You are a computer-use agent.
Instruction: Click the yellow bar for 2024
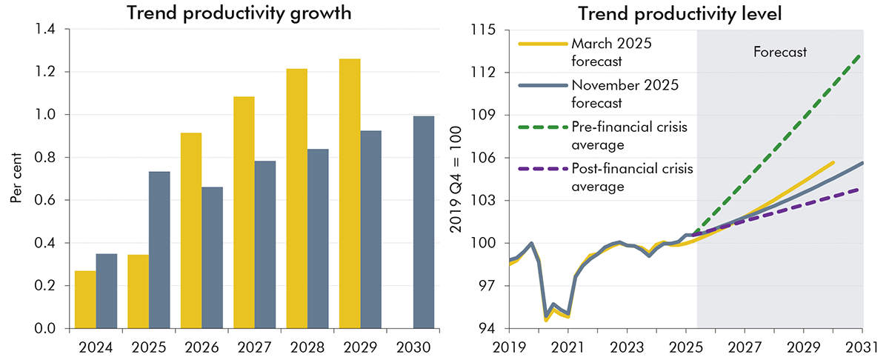(x=85, y=299)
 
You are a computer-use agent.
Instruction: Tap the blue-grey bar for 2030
(x=424, y=222)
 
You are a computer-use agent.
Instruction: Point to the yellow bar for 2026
(x=191, y=230)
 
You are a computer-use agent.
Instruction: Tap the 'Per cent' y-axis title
(x=16, y=179)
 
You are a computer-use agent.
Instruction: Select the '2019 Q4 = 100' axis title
(x=456, y=179)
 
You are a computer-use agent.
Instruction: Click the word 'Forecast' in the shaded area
(x=779, y=53)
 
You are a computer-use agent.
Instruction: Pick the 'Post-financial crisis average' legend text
(x=632, y=178)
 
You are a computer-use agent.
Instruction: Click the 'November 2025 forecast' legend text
(x=625, y=94)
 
